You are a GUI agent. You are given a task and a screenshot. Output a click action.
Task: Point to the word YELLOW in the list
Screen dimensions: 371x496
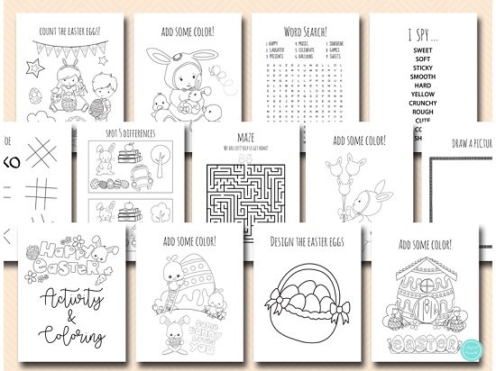[422, 94]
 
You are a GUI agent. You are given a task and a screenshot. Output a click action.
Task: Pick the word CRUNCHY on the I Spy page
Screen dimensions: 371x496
[422, 103]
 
